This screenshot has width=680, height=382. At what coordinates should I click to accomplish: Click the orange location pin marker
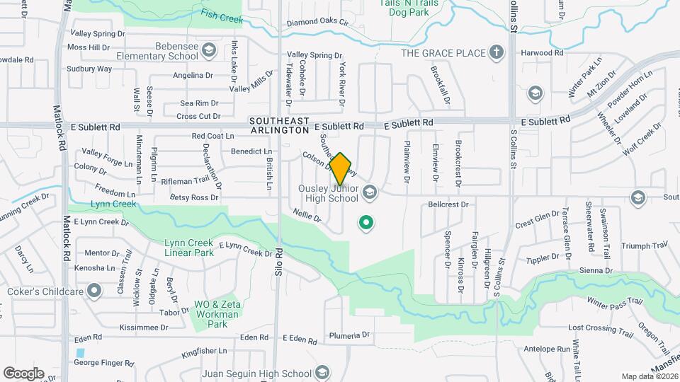tap(341, 168)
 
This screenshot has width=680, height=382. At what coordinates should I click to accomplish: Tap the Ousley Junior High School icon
tap(369, 192)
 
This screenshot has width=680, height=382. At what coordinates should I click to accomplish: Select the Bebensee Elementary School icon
tap(208, 50)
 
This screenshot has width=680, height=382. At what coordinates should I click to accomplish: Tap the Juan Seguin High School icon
tap(322, 373)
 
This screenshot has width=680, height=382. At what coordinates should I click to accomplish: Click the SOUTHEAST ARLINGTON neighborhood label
tap(280, 126)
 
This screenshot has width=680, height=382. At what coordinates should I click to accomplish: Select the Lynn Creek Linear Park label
tap(188, 248)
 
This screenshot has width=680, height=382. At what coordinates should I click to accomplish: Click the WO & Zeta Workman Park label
tap(211, 314)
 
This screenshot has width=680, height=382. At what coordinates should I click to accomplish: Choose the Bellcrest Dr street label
tap(448, 204)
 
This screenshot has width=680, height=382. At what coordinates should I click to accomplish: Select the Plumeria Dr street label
tap(350, 335)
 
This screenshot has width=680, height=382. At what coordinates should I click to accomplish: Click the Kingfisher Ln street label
tap(203, 350)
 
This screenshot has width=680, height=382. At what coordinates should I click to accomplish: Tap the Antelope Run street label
tap(548, 349)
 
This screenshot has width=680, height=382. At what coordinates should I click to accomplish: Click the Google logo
tap(23, 373)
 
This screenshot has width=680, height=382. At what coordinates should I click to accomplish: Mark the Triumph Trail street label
tap(645, 245)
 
